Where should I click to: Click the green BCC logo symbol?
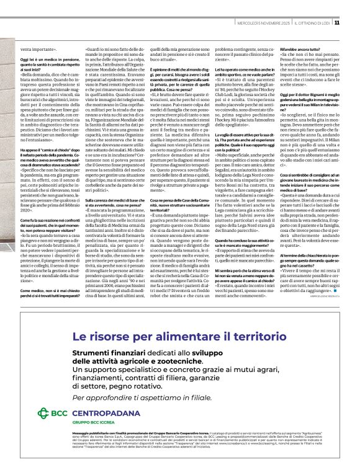43,413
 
